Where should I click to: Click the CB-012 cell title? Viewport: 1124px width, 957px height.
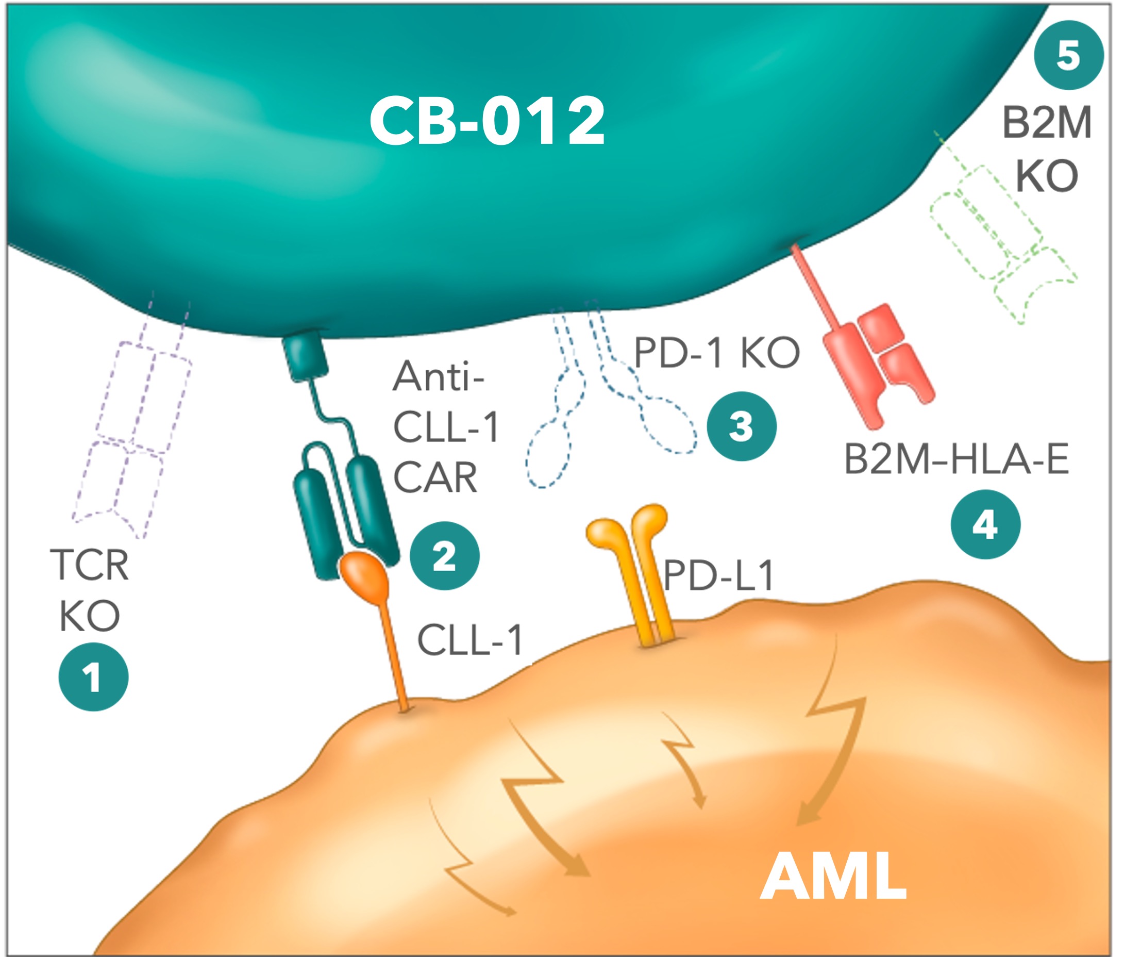point(486,121)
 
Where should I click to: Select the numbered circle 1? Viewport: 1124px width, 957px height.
point(93,677)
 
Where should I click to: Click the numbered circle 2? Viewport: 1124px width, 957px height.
point(444,556)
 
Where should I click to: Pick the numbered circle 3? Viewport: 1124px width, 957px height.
point(741,426)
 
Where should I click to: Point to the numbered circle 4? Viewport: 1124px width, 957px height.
point(985,524)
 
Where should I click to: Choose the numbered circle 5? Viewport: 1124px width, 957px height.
point(1069,55)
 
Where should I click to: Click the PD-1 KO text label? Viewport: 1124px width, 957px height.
point(716,353)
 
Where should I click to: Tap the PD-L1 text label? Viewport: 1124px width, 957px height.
point(718,575)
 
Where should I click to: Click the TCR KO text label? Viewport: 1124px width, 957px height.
point(90,590)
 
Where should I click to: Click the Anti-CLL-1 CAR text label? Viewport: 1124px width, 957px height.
point(445,427)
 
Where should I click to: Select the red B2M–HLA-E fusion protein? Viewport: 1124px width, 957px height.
point(873,358)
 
